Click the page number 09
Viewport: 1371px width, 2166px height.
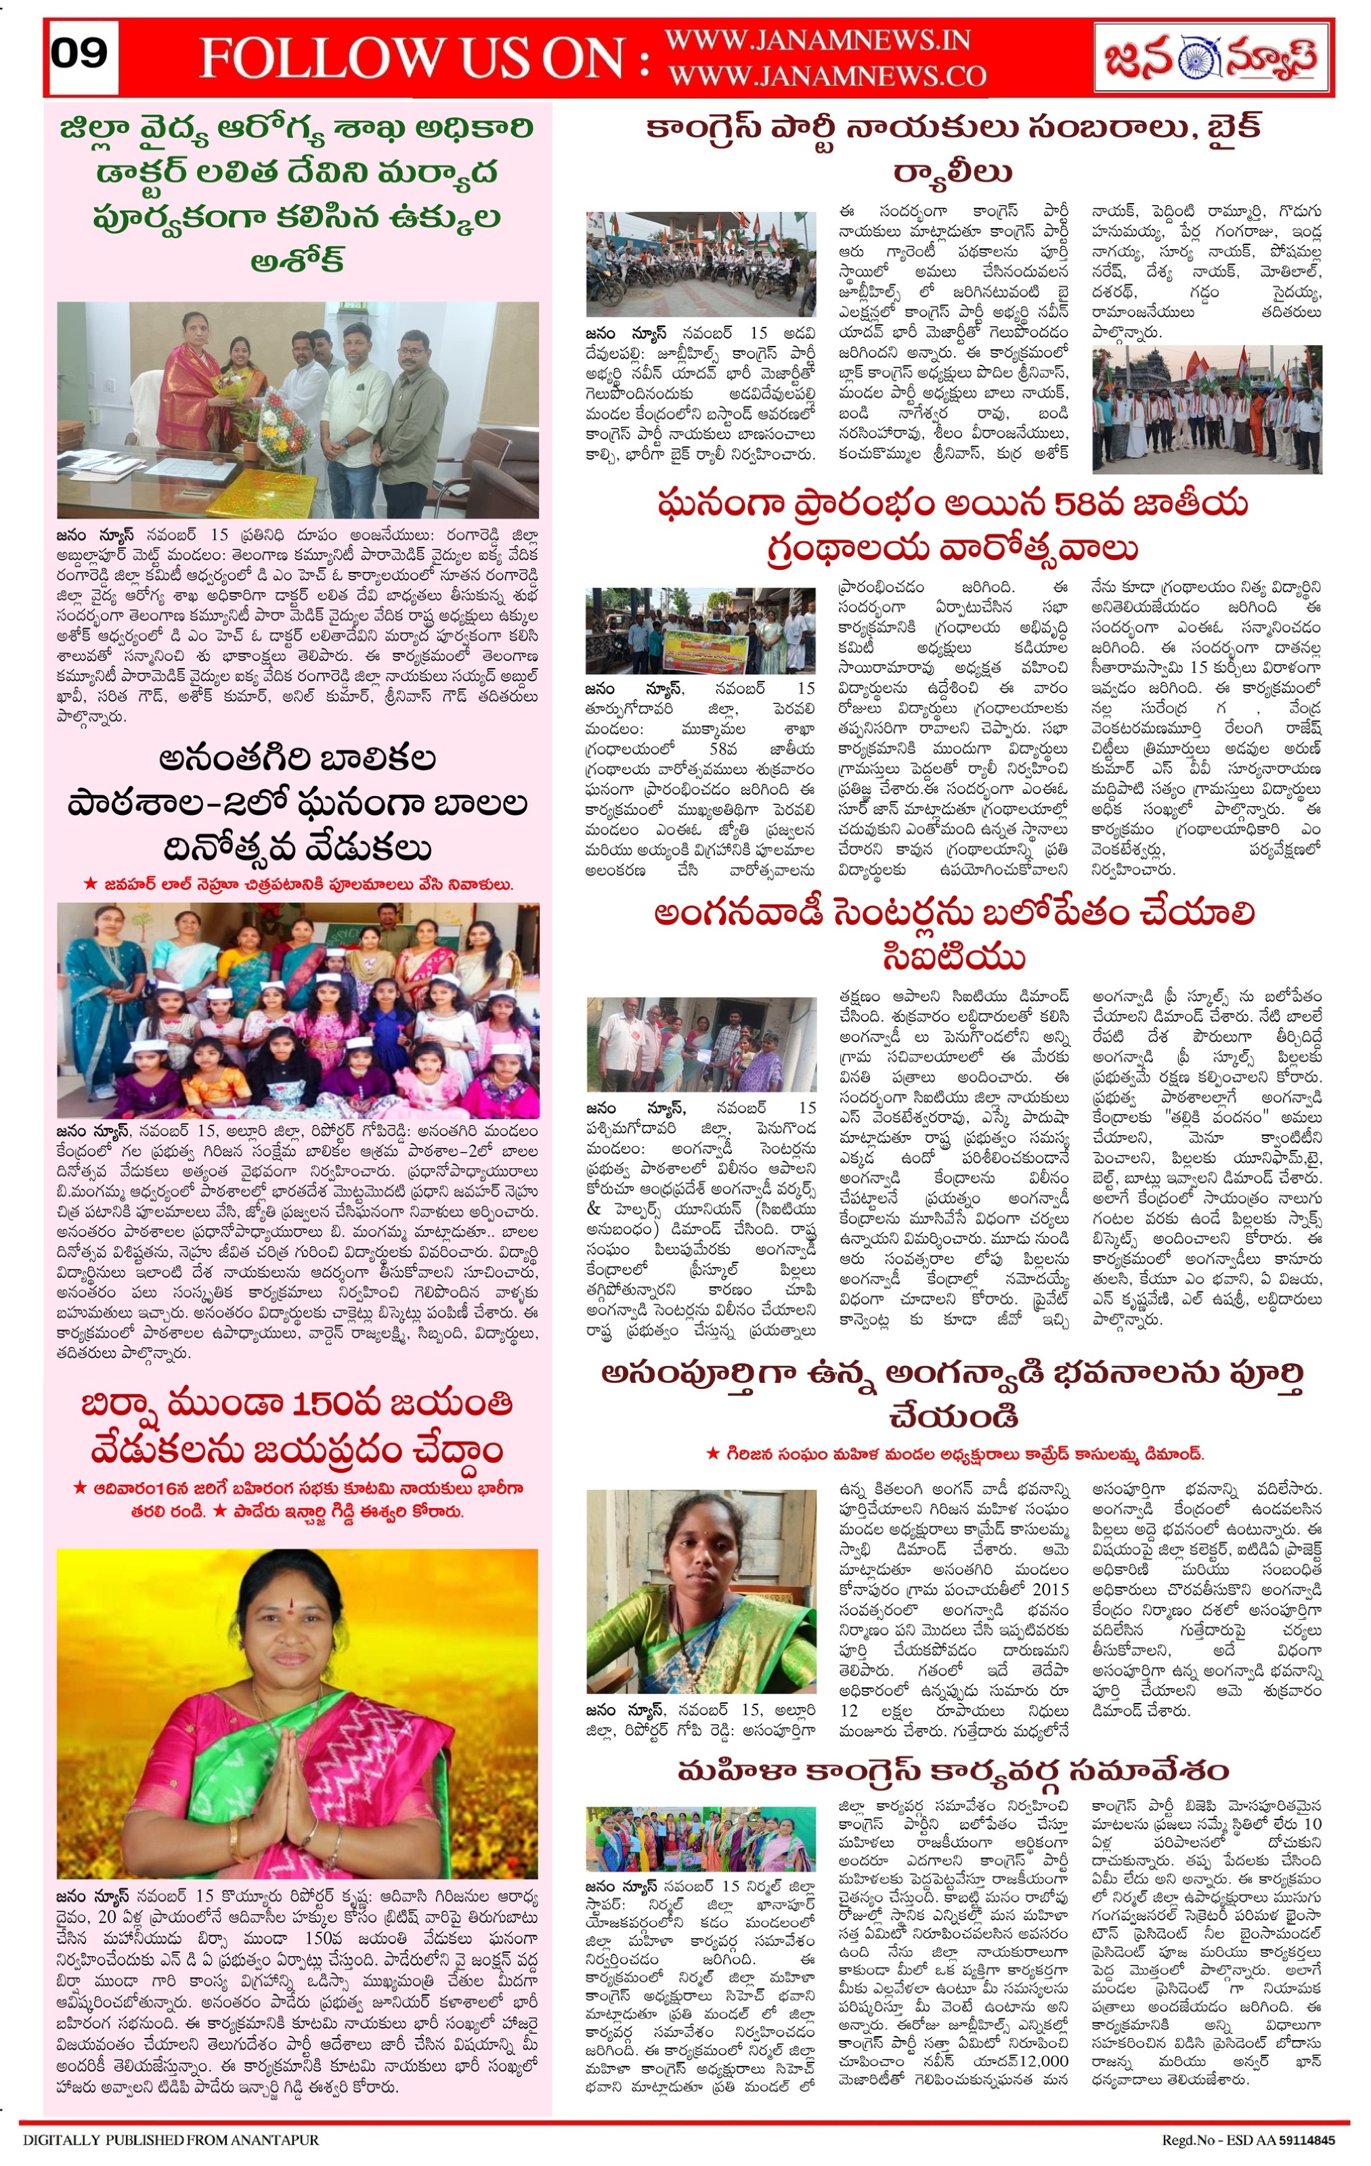[x=79, y=54]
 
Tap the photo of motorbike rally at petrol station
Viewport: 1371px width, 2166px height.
[x=701, y=263]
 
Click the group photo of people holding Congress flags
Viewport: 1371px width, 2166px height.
[x=1207, y=410]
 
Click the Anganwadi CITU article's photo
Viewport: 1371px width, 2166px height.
[x=701, y=1044]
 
